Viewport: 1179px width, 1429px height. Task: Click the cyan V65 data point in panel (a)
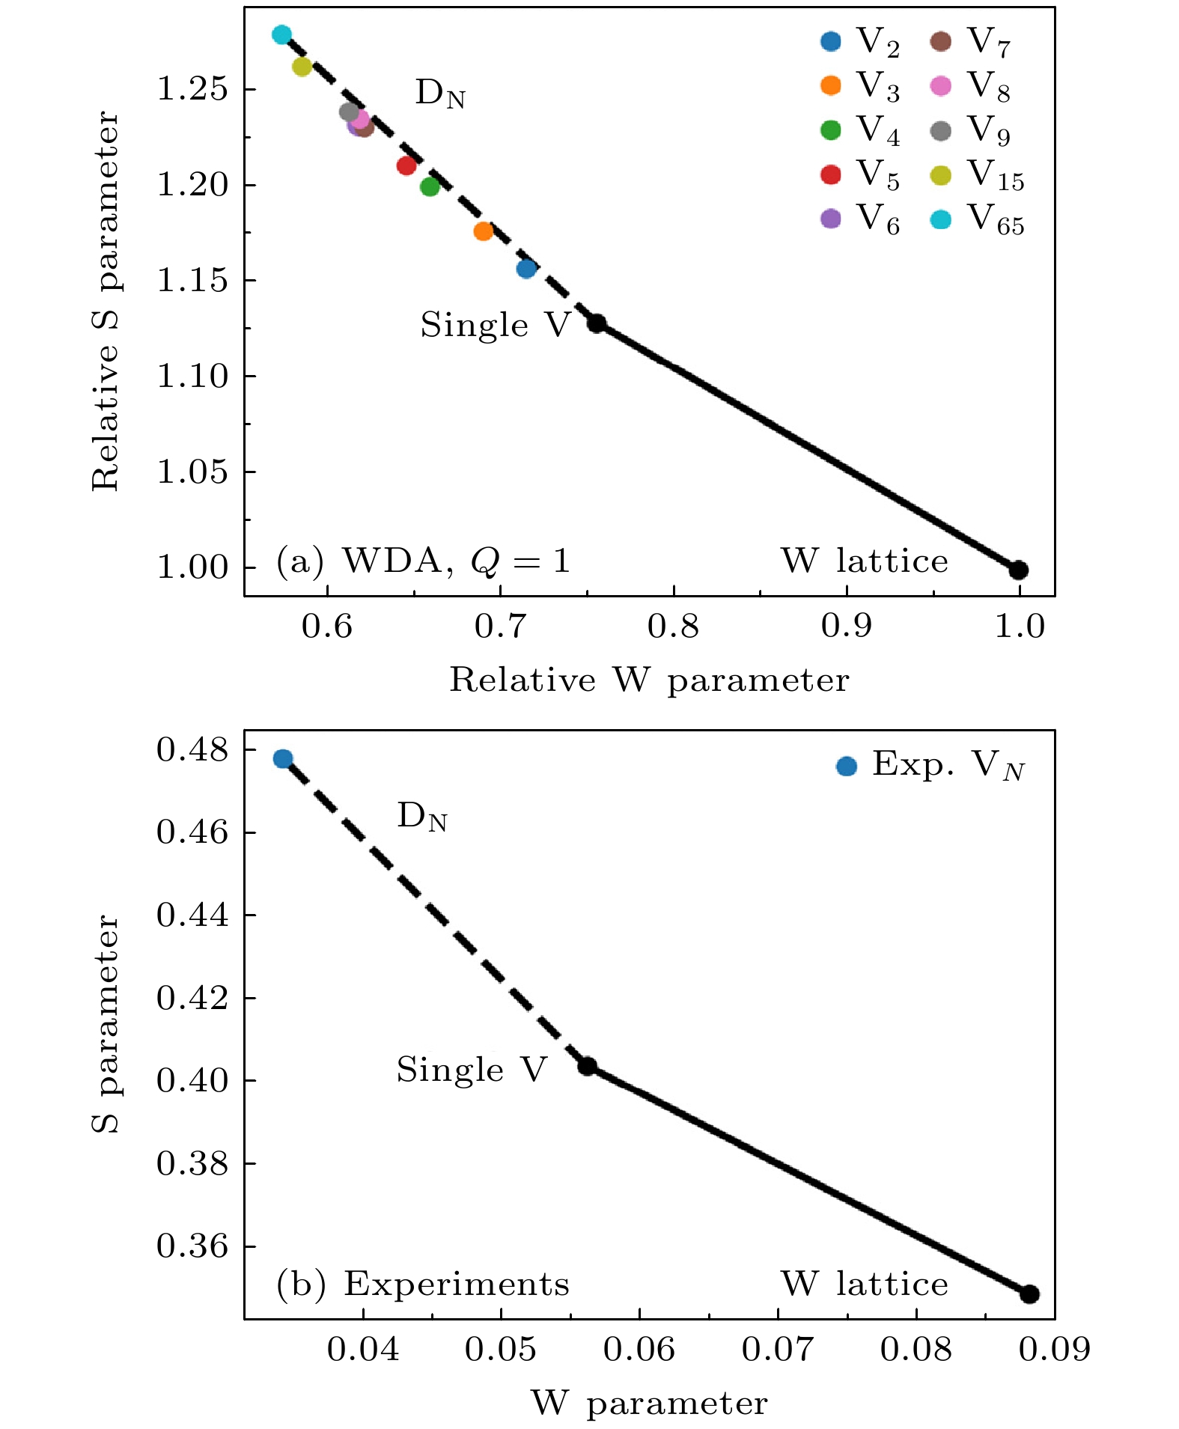click(x=281, y=34)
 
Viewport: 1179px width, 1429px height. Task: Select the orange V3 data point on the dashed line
click(x=484, y=231)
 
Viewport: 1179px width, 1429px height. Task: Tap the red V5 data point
click(x=406, y=165)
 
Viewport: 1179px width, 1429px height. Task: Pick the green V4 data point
click(x=430, y=186)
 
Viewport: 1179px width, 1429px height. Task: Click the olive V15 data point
click(x=302, y=67)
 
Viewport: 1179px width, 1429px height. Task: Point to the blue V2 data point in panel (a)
click(x=527, y=268)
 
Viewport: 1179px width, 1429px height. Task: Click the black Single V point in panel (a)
click(x=597, y=323)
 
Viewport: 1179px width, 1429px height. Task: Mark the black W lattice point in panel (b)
click(x=1029, y=1294)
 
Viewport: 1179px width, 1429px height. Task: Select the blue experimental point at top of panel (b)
click(x=283, y=759)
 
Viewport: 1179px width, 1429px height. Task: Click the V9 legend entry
click(x=972, y=131)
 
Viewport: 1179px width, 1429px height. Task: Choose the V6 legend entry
click(x=861, y=219)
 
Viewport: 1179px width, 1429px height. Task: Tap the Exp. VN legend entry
click(x=931, y=766)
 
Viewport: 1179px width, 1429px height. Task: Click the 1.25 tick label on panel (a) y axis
click(x=191, y=90)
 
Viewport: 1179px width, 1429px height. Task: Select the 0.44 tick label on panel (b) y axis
click(x=191, y=915)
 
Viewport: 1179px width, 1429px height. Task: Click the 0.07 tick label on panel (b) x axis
click(x=778, y=1350)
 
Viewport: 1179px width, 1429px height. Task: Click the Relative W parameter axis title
click(x=649, y=680)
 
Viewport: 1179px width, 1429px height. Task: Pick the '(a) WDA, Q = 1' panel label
click(x=423, y=561)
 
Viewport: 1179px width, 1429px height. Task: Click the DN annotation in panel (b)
click(x=422, y=817)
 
